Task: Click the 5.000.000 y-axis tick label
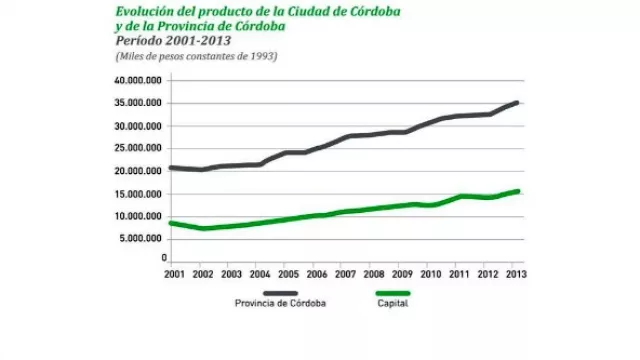pos(144,238)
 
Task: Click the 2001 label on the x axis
pos(173,273)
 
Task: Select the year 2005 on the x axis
pos(289,273)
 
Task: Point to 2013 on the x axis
pos(516,273)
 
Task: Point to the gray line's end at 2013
pos(516,102)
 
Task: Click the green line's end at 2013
pos(516,191)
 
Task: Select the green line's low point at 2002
pos(203,228)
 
